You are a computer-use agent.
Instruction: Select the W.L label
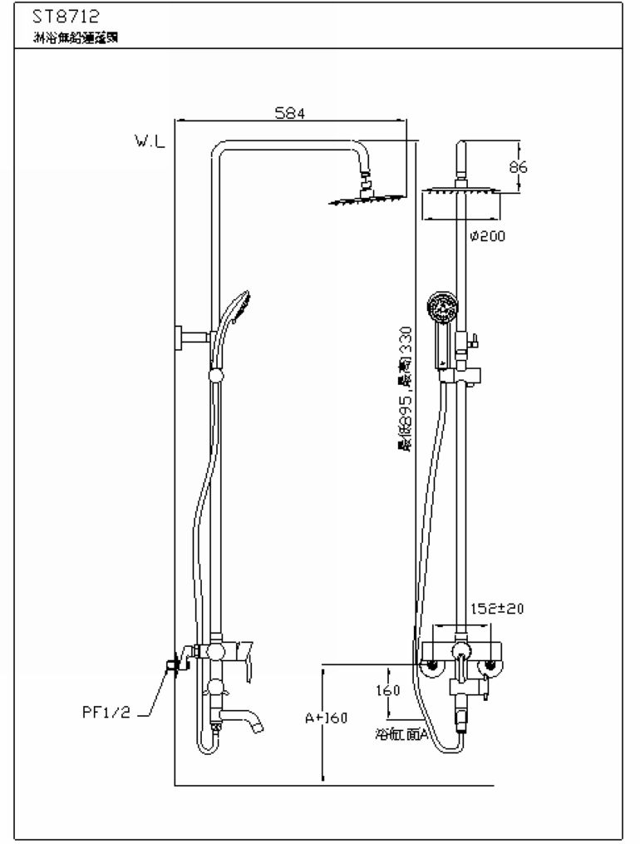point(150,141)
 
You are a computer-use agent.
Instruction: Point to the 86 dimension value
point(518,167)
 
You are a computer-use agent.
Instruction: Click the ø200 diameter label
point(487,235)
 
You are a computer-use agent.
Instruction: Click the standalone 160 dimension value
point(388,690)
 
